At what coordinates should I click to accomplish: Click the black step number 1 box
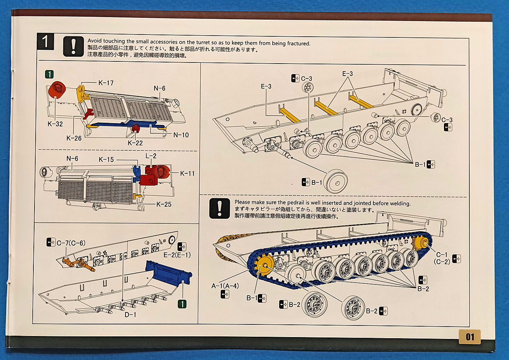click(x=45, y=42)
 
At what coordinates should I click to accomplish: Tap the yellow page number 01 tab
click(x=470, y=337)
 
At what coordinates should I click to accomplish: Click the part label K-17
click(x=106, y=83)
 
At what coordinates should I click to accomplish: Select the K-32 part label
click(x=55, y=124)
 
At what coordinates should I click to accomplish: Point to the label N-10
click(x=181, y=135)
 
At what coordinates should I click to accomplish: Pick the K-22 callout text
click(x=135, y=143)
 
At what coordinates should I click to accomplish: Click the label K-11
click(x=187, y=174)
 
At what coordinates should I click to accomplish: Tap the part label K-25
click(x=164, y=205)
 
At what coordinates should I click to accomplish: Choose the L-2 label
click(x=151, y=156)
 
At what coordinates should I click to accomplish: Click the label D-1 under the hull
click(x=130, y=315)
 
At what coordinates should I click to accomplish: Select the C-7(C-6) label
click(x=71, y=243)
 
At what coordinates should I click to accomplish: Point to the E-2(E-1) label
click(x=177, y=255)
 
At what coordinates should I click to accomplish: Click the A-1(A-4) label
click(x=225, y=286)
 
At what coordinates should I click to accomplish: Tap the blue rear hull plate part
click(x=168, y=272)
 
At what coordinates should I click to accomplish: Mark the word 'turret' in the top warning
click(x=203, y=43)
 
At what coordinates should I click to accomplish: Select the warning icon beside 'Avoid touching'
click(x=73, y=46)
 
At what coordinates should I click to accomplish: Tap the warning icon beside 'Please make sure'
click(x=220, y=209)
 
